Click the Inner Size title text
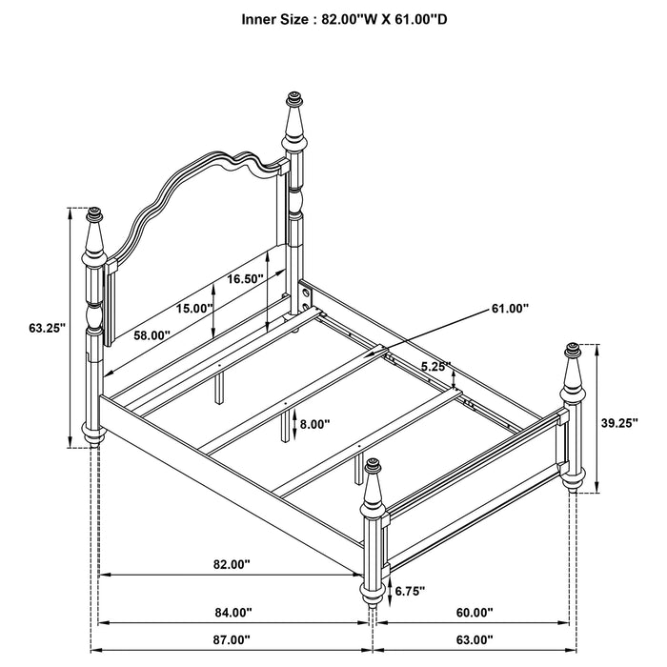click(x=333, y=18)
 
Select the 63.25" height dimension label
click(x=46, y=328)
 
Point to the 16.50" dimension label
click(x=246, y=279)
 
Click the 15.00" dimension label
click(x=193, y=308)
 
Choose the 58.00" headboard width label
click(x=152, y=335)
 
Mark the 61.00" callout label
click(x=511, y=308)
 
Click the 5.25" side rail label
click(x=435, y=365)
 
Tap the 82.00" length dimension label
click(x=231, y=564)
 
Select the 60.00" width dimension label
click(x=473, y=613)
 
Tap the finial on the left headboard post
click(x=93, y=219)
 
